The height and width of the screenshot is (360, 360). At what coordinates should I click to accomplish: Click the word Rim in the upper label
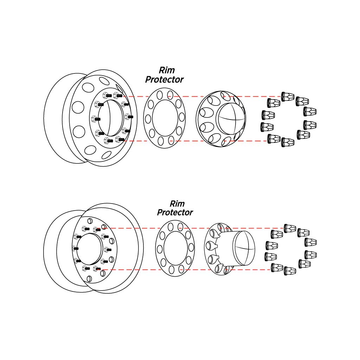(167, 70)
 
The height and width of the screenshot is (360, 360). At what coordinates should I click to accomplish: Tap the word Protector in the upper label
(164, 80)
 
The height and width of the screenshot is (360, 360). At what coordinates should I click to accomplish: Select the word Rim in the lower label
(177, 204)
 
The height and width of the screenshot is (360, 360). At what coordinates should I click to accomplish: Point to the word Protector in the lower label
(175, 213)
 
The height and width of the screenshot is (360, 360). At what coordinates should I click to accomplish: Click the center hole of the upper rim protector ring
(165, 118)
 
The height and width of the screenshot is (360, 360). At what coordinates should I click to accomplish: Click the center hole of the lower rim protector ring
(175, 247)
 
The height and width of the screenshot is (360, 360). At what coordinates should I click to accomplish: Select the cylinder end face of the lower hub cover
(244, 247)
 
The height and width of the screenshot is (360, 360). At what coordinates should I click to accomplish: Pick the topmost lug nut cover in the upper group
(288, 96)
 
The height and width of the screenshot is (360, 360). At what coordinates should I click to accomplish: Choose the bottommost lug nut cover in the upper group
(288, 142)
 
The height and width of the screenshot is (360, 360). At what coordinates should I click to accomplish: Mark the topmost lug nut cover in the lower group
(290, 228)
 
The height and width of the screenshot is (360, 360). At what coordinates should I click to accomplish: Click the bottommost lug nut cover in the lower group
(290, 271)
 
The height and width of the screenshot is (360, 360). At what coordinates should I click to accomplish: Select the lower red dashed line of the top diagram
(197, 141)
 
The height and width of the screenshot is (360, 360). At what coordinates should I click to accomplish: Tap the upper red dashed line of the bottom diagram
(197, 228)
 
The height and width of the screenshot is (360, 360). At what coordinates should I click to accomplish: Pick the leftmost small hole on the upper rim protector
(148, 118)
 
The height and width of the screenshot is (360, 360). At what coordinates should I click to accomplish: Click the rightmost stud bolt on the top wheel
(130, 116)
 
